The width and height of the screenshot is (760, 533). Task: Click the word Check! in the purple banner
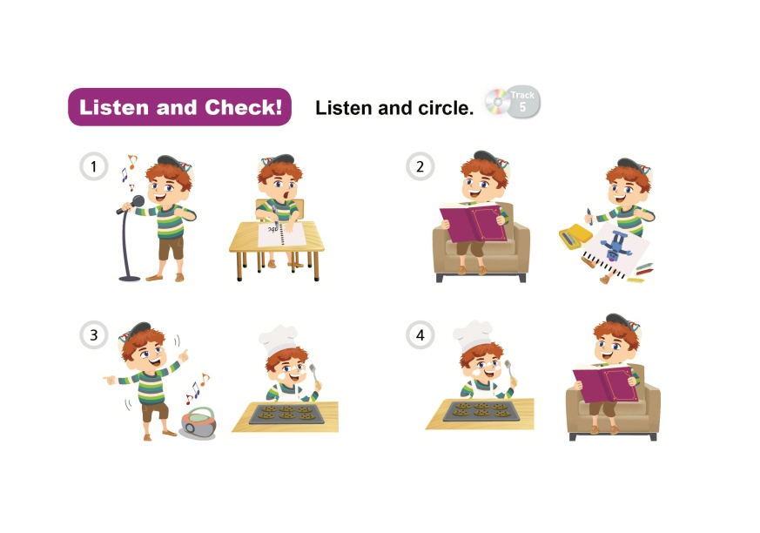point(243,107)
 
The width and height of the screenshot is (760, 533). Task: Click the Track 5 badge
point(522,102)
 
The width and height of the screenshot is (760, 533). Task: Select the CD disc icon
point(497,102)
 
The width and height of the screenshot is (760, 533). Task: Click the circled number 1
point(93,167)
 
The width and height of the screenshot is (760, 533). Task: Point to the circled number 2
point(420,167)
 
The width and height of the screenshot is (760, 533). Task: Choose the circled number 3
point(93,335)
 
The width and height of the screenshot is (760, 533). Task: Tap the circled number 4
point(420,335)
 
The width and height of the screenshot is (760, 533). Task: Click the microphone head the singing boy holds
point(138,201)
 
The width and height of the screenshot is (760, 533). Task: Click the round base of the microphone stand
point(130,279)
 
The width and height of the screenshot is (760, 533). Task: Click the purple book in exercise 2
point(473,223)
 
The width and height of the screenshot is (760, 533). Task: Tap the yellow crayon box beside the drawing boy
point(575,236)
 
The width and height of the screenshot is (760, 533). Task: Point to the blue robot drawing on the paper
point(615,246)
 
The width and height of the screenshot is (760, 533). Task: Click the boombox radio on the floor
point(198,423)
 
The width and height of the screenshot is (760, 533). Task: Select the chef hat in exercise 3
point(277,341)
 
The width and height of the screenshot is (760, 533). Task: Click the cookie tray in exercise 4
point(481,410)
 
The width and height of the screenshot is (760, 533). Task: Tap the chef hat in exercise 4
point(472,335)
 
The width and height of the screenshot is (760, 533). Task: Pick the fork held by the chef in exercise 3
point(315,375)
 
